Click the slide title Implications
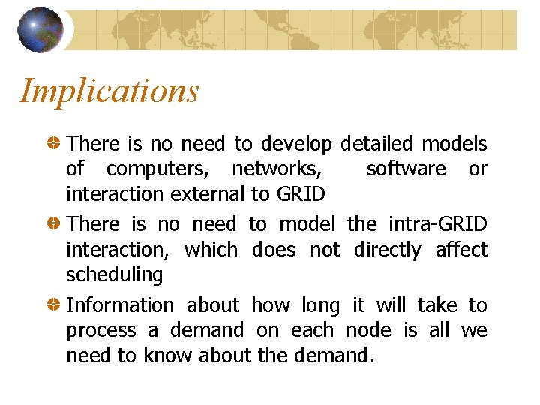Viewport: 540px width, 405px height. pyautogui.click(x=109, y=91)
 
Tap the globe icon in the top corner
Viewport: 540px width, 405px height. pyautogui.click(x=40, y=30)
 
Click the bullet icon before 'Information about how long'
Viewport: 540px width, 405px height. pyautogui.click(x=55, y=305)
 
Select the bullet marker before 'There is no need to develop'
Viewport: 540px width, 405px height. pyautogui.click(x=55, y=143)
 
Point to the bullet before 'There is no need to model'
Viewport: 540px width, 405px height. pyautogui.click(x=55, y=224)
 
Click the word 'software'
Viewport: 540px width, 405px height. pyautogui.click(x=406, y=169)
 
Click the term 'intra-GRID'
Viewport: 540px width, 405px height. pyautogui.click(x=437, y=224)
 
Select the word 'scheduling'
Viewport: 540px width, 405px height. pyautogui.click(x=114, y=274)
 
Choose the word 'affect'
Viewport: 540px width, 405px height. pyautogui.click(x=461, y=249)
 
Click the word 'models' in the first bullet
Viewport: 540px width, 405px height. pyautogui.click(x=454, y=143)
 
